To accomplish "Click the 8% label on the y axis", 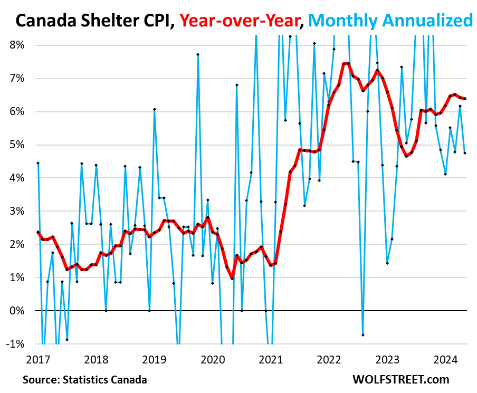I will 17,45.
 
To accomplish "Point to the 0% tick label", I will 17,311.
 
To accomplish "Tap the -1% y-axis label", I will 16,344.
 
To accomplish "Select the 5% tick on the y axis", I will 17,145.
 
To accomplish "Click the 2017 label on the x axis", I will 38,360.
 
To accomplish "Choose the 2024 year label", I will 445,360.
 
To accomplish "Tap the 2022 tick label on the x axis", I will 328,360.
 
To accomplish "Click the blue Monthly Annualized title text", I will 390,21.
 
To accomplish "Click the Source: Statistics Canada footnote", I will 85,379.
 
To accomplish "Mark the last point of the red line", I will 465,99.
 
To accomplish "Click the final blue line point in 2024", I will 465,153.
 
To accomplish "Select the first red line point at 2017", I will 38,232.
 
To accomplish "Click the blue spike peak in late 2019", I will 198,54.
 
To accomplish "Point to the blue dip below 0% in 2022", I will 363,335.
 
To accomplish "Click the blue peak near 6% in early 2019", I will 154,109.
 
